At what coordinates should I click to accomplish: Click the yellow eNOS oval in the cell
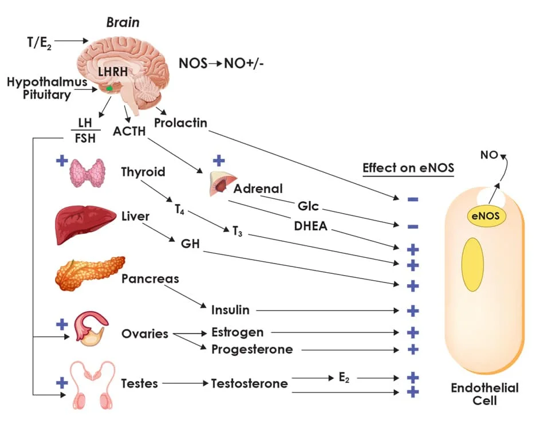[484, 216]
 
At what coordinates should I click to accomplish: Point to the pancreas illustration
[89, 273]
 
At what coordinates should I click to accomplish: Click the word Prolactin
[180, 123]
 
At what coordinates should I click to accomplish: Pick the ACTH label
[129, 131]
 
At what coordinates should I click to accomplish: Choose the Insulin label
[230, 310]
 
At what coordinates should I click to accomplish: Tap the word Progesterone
[252, 349]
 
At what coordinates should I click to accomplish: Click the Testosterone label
[250, 383]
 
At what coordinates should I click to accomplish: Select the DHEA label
[310, 226]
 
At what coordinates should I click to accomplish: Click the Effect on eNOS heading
[408, 168]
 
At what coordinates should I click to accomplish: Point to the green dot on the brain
[109, 89]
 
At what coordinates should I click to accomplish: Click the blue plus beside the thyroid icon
[61, 160]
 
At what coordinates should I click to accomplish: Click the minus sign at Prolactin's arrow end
[413, 199]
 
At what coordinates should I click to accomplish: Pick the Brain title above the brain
[123, 23]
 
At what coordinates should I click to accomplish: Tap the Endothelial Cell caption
[484, 394]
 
